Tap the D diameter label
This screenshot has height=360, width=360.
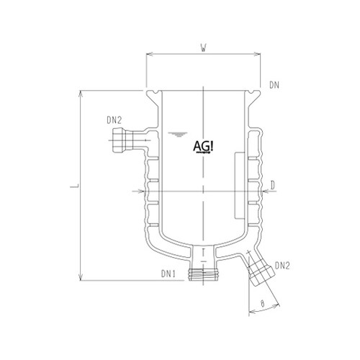click(274, 186)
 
